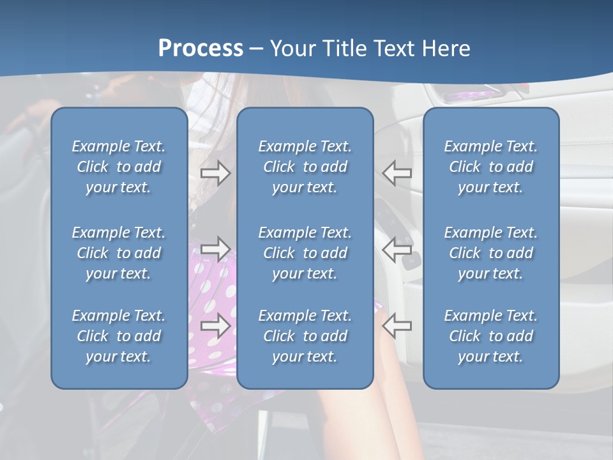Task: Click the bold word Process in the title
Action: (x=201, y=49)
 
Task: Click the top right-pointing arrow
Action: (x=215, y=172)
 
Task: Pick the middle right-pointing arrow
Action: (x=215, y=249)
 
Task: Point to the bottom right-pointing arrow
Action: (x=215, y=326)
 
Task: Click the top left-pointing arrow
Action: (x=397, y=172)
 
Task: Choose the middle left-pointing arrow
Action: (x=397, y=249)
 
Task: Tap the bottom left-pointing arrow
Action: (x=397, y=326)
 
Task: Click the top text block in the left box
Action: (x=119, y=167)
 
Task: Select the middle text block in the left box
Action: (x=119, y=253)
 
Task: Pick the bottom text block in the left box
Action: (x=119, y=336)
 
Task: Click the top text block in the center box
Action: (x=305, y=167)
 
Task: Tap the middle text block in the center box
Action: (x=305, y=253)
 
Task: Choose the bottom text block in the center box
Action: (x=305, y=336)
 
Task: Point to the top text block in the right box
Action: (x=490, y=167)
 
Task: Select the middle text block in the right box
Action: (x=490, y=253)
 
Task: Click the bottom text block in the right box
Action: (x=490, y=336)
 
